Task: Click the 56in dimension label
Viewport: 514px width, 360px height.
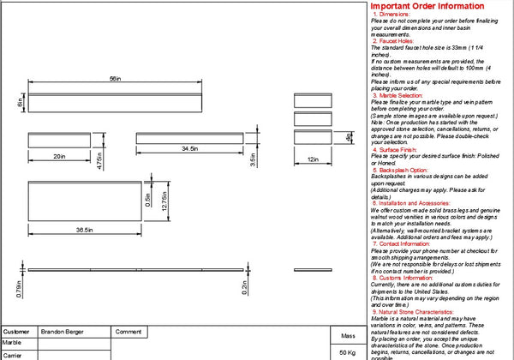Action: [x=114, y=80]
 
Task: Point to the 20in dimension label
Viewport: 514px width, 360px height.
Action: [x=59, y=156]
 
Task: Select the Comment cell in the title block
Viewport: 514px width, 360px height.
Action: [x=128, y=331]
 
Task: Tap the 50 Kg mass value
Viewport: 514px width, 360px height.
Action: [x=347, y=352]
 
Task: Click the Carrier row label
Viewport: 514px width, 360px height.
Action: [x=13, y=354]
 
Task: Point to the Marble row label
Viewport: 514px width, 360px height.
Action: [x=13, y=342]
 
